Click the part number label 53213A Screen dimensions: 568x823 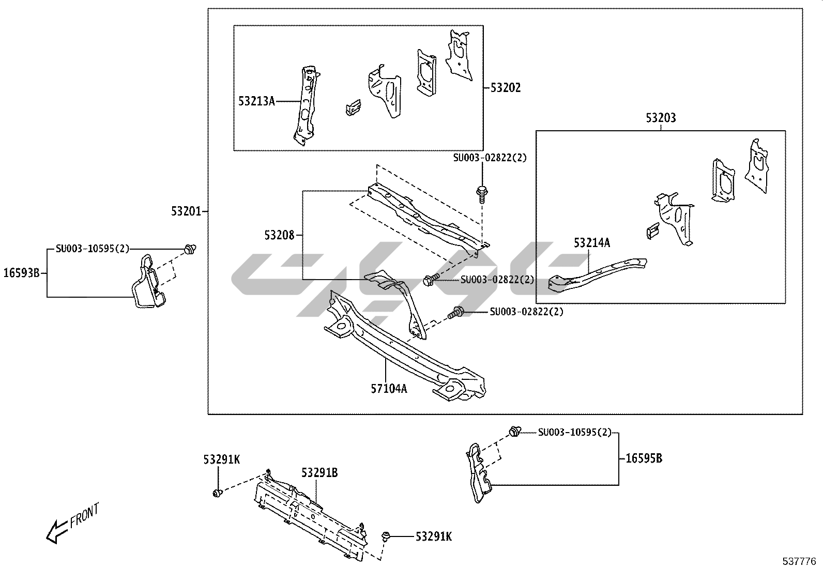256,101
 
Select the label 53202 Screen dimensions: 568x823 505,88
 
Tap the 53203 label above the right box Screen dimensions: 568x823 660,118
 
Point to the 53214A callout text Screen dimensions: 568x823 591,242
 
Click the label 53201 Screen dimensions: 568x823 187,211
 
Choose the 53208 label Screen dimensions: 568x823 279,236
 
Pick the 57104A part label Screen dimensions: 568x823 388,389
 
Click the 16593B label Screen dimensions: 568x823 21,273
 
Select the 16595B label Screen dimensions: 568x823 644,458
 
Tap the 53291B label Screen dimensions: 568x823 319,472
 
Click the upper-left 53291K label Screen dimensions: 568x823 221,459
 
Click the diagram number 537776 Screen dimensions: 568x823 799,561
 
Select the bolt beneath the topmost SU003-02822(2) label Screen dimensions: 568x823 482,193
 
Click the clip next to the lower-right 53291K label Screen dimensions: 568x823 386,537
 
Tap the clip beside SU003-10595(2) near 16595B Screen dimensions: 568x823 514,431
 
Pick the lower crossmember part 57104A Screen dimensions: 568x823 403,351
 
